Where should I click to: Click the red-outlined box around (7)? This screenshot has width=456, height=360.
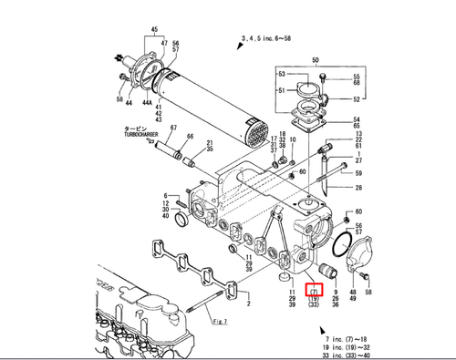pyautogui.click(x=312, y=290)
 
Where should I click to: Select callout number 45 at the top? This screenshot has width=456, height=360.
pyautogui.click(x=153, y=29)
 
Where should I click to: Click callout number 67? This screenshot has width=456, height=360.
pyautogui.click(x=171, y=129)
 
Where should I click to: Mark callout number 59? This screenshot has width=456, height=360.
pyautogui.click(x=358, y=172)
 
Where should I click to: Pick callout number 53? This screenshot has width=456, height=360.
pyautogui.click(x=282, y=74)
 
